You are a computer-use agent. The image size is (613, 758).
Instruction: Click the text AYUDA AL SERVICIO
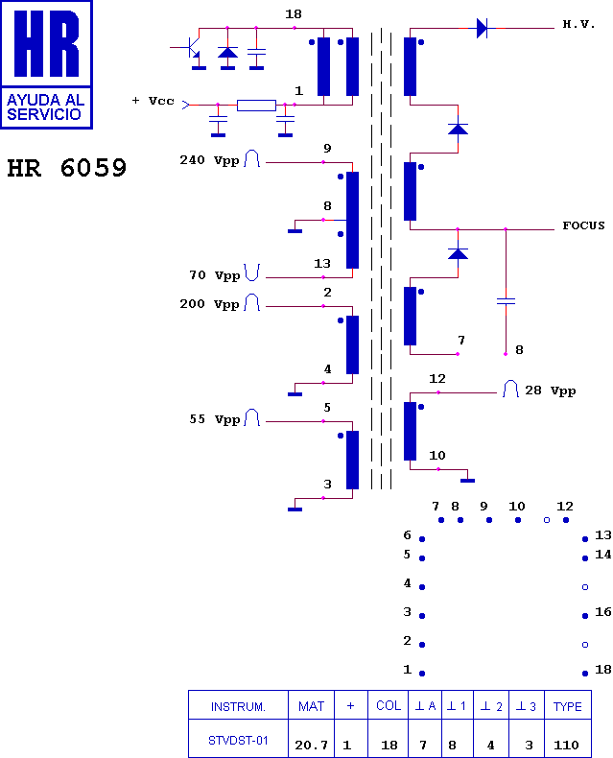(46, 107)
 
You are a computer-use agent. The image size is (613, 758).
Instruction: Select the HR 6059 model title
(67, 168)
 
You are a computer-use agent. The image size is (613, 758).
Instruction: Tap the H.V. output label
(579, 24)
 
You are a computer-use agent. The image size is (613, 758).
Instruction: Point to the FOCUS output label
(583, 225)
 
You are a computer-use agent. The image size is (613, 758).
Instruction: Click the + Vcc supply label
(153, 101)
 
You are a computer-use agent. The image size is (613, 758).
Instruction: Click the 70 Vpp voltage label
(215, 275)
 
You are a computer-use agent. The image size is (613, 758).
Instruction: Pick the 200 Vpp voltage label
(210, 304)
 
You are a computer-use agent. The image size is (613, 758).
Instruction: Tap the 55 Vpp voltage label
(215, 419)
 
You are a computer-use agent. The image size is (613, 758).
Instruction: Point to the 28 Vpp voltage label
(550, 391)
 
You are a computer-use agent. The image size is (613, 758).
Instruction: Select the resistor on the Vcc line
(256, 105)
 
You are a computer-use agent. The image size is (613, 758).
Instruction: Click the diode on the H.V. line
(482, 28)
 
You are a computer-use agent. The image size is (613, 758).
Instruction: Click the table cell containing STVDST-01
(238, 740)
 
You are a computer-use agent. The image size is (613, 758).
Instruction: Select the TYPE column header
(568, 706)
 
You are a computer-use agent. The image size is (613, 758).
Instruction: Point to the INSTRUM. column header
(238, 706)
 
